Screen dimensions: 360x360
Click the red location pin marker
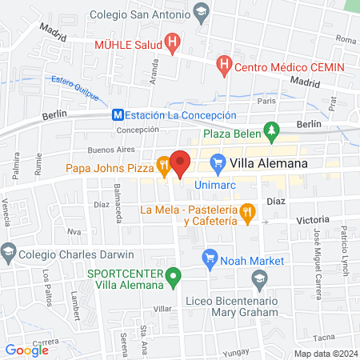(181, 163)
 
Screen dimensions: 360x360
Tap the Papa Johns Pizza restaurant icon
(163, 166)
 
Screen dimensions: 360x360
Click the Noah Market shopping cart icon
(210, 257)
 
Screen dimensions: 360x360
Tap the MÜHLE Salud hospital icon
(170, 42)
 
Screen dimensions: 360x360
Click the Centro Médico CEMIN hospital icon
(226, 62)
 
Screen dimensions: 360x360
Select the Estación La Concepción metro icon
(117, 115)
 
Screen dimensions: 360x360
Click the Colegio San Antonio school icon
(201, 14)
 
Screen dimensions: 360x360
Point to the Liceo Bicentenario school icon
(259, 279)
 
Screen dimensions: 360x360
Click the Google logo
(26, 350)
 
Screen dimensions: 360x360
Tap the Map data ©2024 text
(324, 354)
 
